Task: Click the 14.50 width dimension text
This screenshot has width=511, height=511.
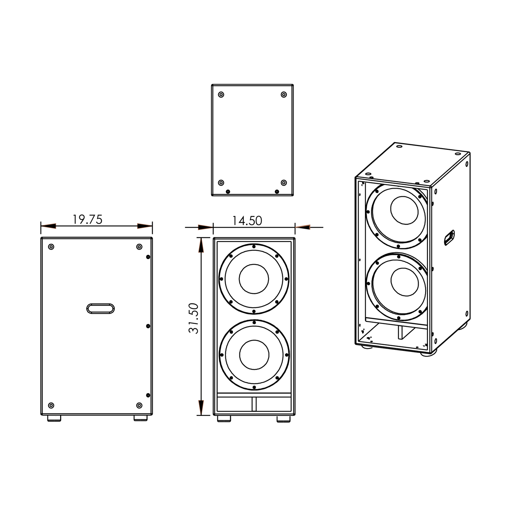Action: (x=247, y=220)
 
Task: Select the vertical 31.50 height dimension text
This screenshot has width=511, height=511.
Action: (x=194, y=318)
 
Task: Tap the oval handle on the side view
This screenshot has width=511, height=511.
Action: (x=100, y=308)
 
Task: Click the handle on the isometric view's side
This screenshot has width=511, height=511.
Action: (x=449, y=237)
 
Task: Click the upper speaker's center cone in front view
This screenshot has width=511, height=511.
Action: (x=254, y=279)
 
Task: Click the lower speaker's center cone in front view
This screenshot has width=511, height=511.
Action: (x=254, y=355)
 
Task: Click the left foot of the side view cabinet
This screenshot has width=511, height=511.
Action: (x=54, y=418)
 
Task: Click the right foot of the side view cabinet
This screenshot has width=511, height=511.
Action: (x=140, y=418)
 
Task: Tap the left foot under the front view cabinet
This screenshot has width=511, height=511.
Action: (x=224, y=418)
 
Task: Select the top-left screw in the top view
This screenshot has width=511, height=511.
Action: (x=221, y=95)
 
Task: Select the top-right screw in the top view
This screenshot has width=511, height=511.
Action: (x=284, y=95)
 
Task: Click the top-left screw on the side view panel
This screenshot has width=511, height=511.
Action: (x=51, y=247)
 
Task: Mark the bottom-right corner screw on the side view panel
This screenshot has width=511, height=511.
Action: (x=139, y=405)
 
